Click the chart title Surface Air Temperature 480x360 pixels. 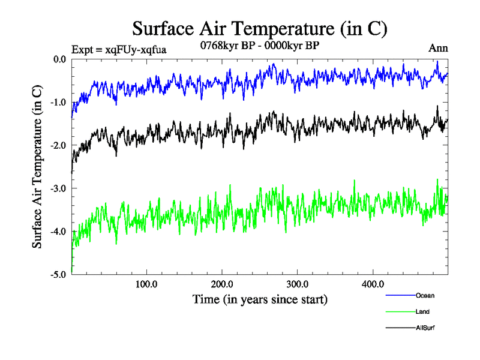point(259,28)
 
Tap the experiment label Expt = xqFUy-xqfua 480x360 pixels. point(118,49)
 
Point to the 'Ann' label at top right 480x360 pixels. point(438,49)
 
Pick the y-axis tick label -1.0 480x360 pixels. point(58,103)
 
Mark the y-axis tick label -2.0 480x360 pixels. point(58,146)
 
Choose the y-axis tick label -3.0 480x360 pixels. point(58,189)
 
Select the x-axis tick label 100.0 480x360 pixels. point(146,284)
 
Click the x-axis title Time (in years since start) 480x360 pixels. point(259,299)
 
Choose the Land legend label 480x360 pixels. point(422,311)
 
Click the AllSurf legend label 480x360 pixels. point(425,328)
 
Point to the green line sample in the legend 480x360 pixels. point(399,312)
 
